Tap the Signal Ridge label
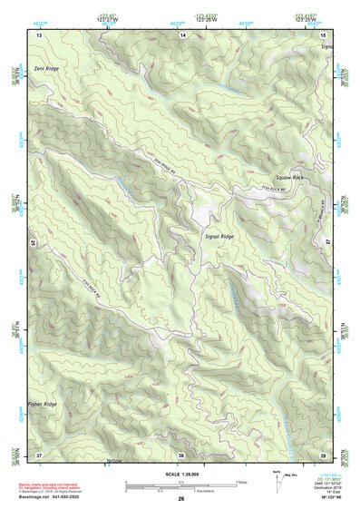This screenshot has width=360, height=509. tap(219, 235)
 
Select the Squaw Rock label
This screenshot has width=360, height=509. tap(286, 178)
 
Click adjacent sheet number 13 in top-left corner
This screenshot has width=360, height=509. tap(39, 34)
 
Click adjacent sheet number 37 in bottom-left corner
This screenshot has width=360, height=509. tap(39, 455)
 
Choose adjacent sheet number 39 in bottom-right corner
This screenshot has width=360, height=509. tap(324, 455)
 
